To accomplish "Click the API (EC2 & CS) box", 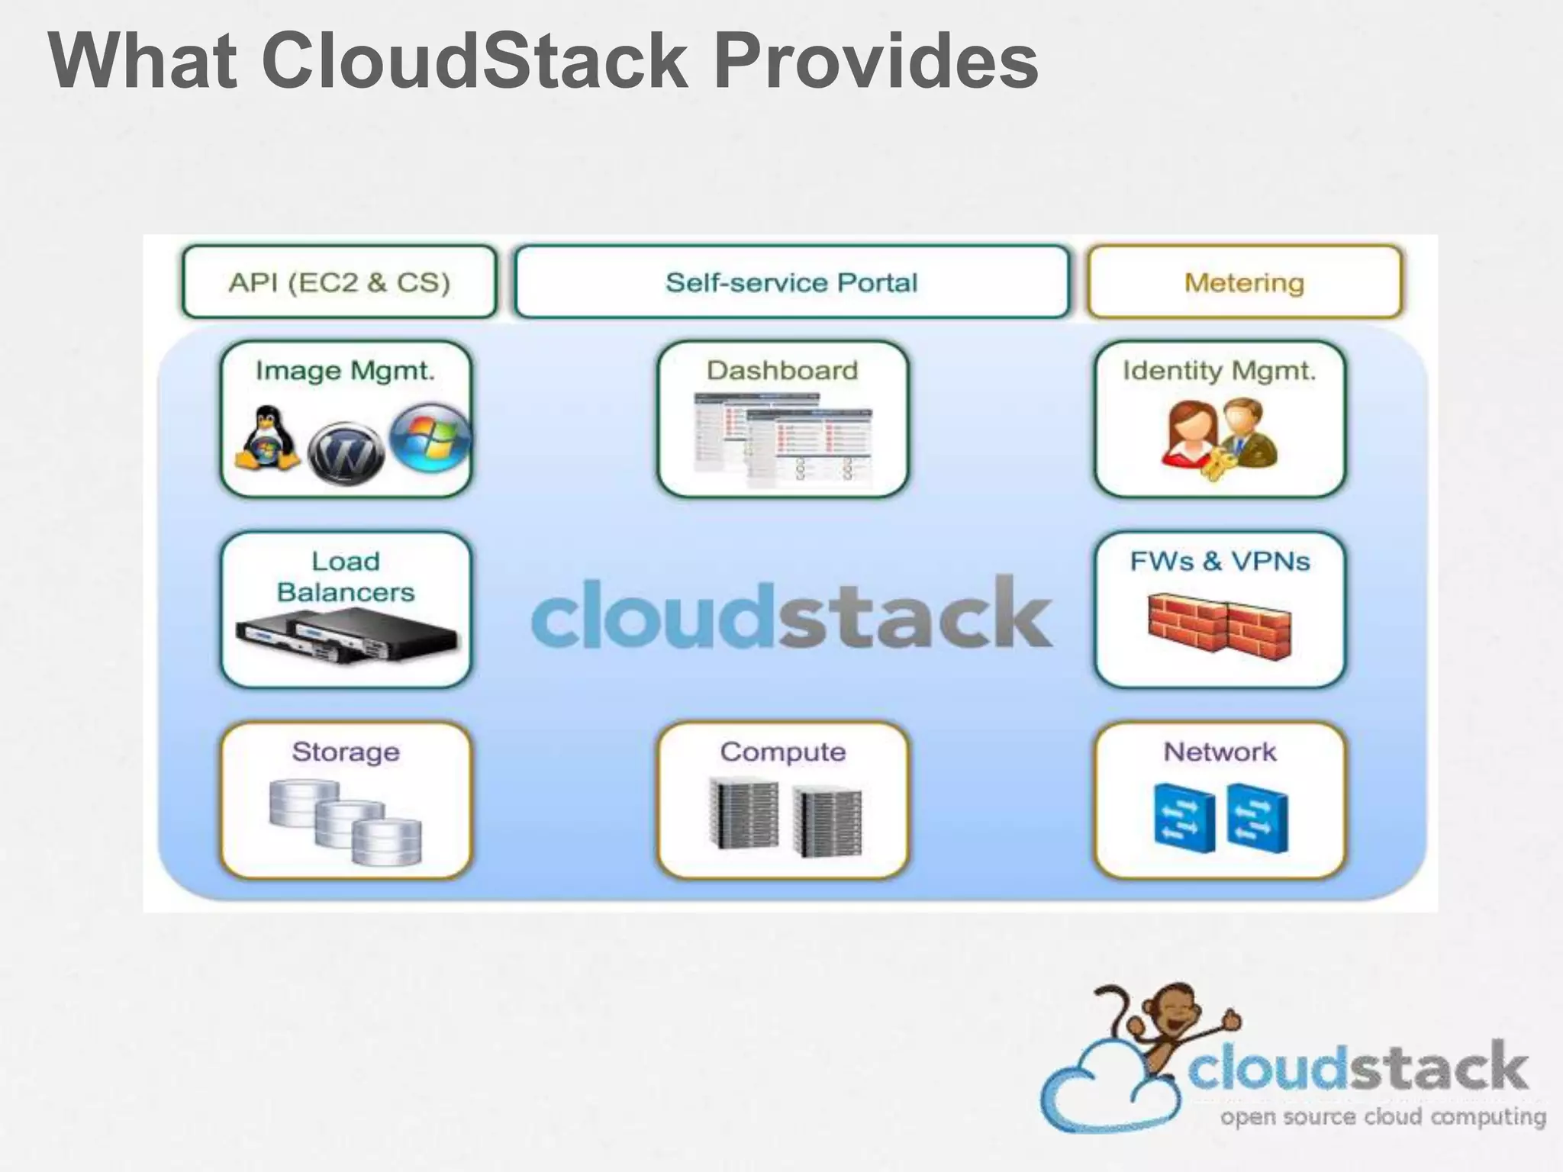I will click(x=339, y=282).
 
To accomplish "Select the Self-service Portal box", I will click(x=791, y=282).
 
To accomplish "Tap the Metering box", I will click(x=1244, y=282).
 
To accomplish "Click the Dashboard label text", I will click(x=782, y=371).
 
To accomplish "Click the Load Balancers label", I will click(x=346, y=577).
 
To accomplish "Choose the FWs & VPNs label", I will click(x=1220, y=562).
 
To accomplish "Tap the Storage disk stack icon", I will click(x=346, y=821).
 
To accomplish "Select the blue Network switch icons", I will click(x=1220, y=818).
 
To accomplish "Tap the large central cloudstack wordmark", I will click(x=791, y=613).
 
